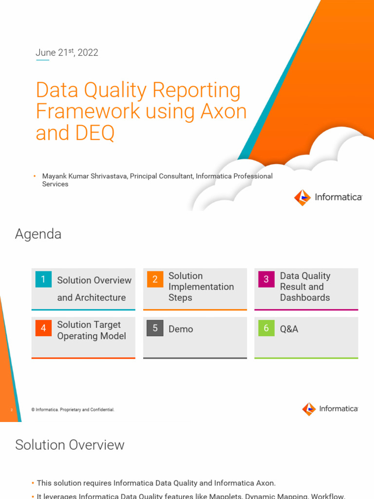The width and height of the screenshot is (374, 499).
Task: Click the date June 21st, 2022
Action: click(67, 53)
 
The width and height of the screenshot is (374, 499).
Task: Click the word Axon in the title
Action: click(224, 112)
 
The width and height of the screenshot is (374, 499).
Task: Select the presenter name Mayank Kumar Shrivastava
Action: click(85, 176)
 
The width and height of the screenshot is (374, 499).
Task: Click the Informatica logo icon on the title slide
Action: click(302, 197)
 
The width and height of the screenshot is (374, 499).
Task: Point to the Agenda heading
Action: click(38, 234)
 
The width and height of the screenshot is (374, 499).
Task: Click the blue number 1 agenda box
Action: click(43, 279)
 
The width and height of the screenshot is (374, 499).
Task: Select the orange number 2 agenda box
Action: click(155, 279)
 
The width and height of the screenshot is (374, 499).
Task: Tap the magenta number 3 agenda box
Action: click(266, 279)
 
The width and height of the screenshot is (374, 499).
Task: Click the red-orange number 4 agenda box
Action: click(43, 328)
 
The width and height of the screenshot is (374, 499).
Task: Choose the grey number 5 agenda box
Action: click(155, 328)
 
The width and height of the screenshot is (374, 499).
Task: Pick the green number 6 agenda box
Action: click(266, 328)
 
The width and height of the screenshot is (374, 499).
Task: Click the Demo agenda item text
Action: click(181, 329)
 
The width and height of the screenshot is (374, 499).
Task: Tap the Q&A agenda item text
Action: click(289, 329)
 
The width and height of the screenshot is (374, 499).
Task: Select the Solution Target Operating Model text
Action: click(92, 330)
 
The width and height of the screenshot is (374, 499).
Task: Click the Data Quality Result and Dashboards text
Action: click(305, 287)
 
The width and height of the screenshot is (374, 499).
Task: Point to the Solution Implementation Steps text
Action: click(201, 287)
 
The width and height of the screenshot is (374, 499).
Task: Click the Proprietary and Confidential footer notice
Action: click(73, 410)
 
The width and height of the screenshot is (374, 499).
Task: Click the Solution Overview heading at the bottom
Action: click(70, 445)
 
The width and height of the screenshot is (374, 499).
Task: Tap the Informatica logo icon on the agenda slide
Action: click(309, 409)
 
